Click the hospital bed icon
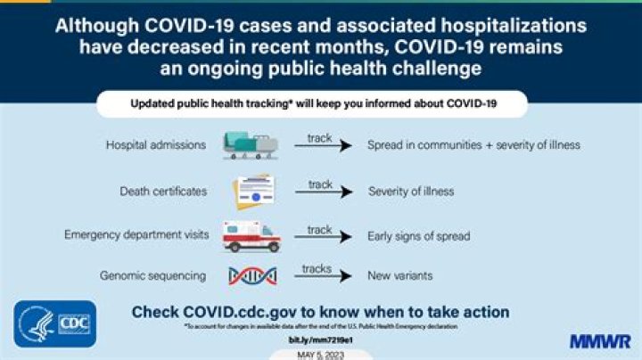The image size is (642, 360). click(250, 145)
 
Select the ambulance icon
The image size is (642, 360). click(251, 236)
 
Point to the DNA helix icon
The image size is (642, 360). click(251, 276)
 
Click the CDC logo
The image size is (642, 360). click(55, 323)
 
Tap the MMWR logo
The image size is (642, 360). click(600, 341)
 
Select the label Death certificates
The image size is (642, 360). click(164, 191)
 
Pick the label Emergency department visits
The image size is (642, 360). click(136, 234)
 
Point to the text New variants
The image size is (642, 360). click(400, 276)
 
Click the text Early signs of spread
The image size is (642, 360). click(418, 236)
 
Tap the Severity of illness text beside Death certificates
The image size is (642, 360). click(411, 191)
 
